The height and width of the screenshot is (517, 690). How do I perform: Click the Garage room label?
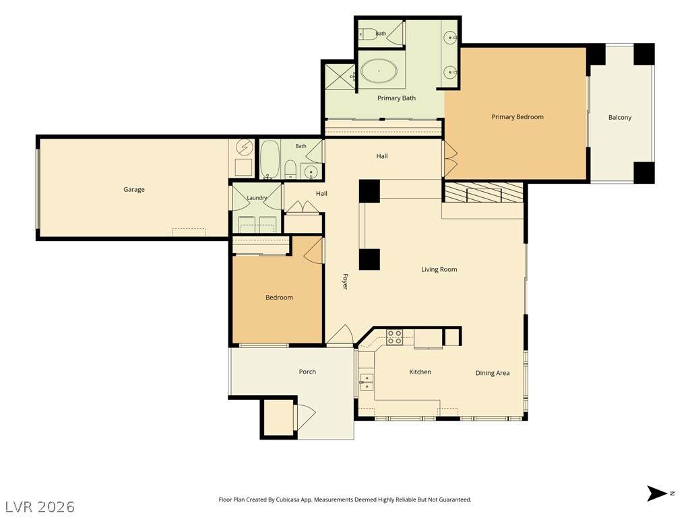134,189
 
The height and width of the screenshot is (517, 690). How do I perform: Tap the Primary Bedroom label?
517,117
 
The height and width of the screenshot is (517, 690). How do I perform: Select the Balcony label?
620,117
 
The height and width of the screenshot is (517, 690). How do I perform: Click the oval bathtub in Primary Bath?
379,71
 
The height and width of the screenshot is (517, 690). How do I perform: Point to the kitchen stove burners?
394,337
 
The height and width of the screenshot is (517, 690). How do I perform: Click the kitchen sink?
366,382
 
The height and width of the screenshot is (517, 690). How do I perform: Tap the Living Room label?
439,269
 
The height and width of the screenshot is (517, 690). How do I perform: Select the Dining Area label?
493,373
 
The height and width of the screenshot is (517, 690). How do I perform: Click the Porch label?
307,372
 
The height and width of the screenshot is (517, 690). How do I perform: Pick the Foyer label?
346,281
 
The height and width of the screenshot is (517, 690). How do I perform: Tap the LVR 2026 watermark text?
40,507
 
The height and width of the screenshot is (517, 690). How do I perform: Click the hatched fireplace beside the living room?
484,193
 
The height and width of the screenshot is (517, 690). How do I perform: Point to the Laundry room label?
257,198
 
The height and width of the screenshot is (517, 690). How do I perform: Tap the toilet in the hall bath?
290,169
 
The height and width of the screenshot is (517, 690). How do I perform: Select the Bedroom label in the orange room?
279,298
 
